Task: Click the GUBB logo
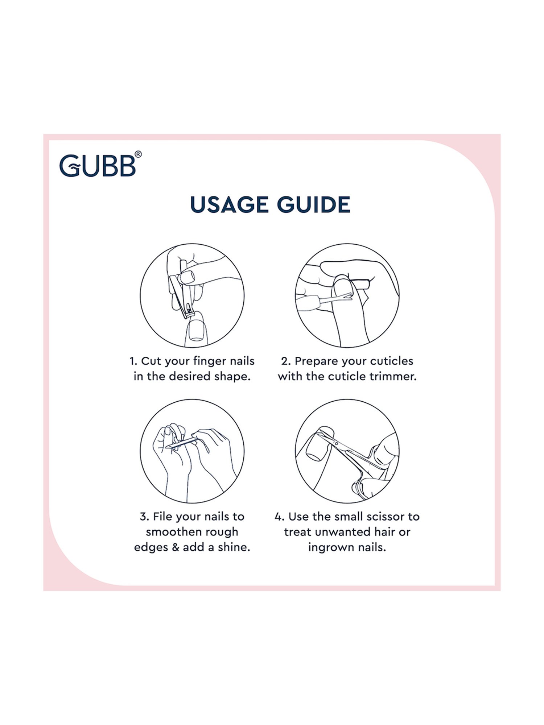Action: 98,166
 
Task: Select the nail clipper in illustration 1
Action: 181,296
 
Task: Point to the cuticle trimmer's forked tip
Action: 348,297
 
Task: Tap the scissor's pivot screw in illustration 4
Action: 336,443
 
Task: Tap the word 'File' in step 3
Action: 162,517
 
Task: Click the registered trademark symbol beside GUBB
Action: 138,154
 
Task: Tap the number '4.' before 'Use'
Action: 279,517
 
